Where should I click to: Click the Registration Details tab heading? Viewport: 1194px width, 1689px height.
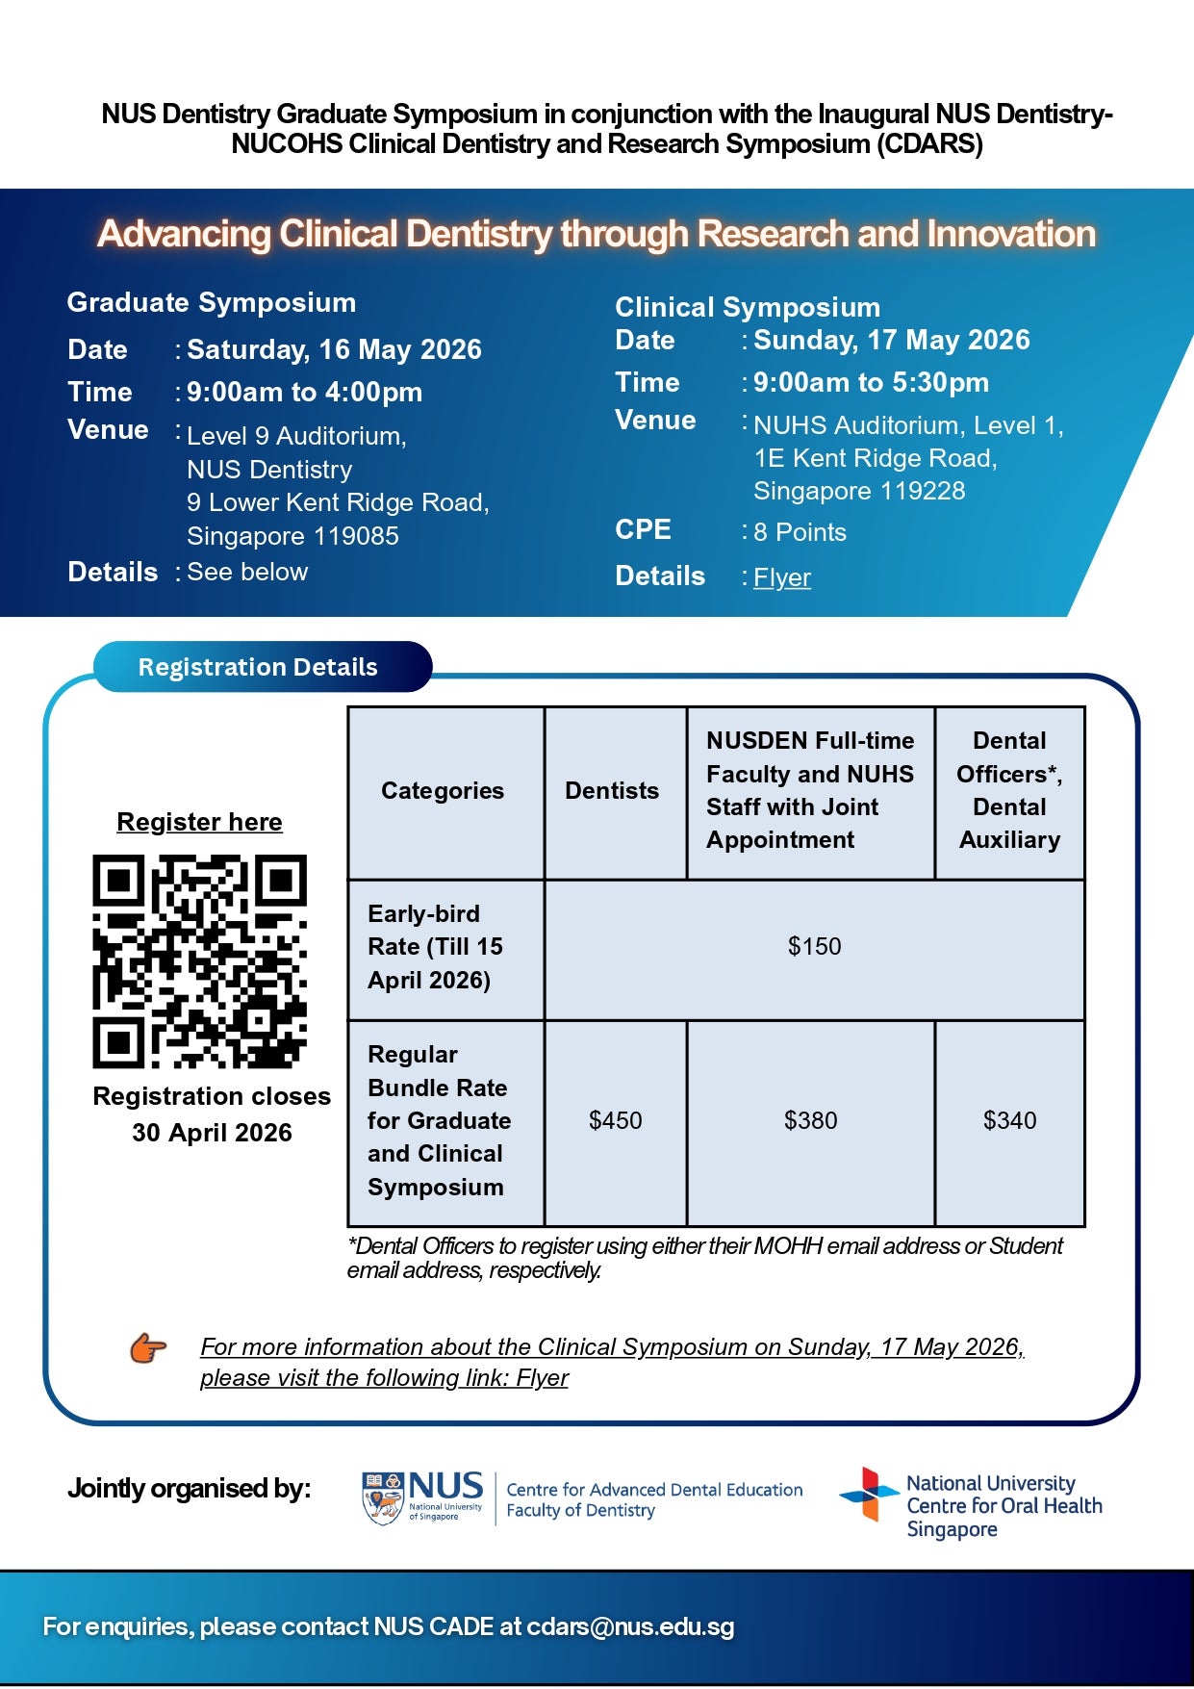pos(258,667)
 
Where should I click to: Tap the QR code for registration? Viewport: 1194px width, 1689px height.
pos(199,961)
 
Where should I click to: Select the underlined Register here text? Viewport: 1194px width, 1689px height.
pos(199,822)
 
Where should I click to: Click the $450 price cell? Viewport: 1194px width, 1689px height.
pos(615,1120)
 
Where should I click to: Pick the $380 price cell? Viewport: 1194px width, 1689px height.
pos(810,1120)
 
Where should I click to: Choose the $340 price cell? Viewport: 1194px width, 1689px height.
pos(1009,1120)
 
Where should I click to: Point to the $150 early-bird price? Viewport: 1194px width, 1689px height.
pos(814,946)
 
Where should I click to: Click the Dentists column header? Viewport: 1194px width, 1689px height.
pos(612,791)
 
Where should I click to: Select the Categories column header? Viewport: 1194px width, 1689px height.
pos(443,791)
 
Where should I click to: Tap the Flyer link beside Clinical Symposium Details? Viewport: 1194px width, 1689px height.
pos(782,577)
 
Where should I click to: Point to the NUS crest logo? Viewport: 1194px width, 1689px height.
pos(383,1497)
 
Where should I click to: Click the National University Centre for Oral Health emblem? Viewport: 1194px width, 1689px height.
pos(869,1495)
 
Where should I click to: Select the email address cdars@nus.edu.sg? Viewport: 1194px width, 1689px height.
pos(630,1626)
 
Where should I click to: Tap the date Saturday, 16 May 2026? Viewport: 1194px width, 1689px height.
pos(334,349)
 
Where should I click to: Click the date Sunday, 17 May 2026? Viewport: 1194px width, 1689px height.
pos(891,340)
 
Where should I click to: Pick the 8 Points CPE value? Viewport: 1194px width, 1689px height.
pos(800,532)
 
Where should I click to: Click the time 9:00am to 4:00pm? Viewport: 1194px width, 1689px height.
pos(304,392)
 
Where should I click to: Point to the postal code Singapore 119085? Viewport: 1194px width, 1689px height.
pos(292,536)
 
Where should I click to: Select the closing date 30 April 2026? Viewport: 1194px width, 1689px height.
pos(212,1133)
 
